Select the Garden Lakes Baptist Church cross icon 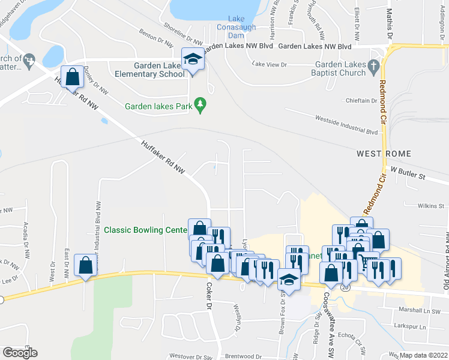click(373, 64)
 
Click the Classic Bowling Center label click(145, 230)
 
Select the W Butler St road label click(408, 177)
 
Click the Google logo click(20, 353)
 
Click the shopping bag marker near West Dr click(85, 265)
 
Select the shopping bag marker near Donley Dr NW click(72, 77)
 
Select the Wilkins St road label click(432, 206)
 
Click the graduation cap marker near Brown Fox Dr click(289, 280)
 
